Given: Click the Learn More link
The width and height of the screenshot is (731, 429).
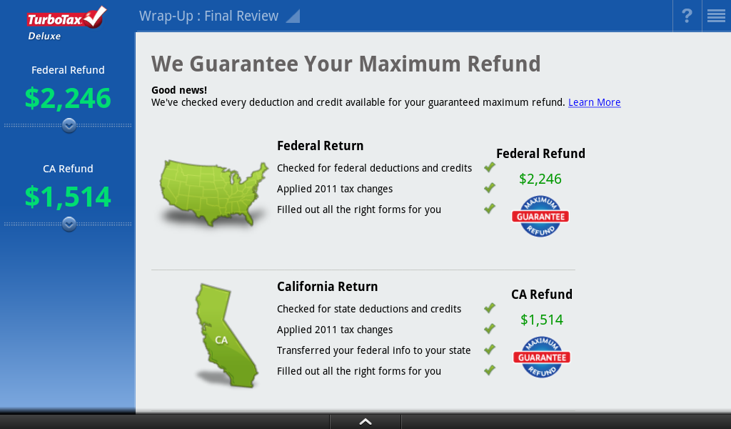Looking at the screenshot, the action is [x=595, y=102].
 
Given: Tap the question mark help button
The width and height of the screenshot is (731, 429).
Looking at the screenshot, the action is [x=687, y=16].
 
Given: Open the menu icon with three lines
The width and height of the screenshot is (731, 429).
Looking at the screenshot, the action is [x=716, y=16].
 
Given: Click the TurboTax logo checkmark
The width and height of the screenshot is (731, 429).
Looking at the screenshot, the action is [x=95, y=16].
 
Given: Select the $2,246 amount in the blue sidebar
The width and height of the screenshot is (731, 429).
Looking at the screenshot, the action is [x=68, y=98].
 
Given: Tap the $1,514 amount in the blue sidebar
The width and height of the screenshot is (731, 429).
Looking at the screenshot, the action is [x=68, y=197].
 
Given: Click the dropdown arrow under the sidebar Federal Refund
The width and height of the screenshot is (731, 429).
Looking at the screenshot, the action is [x=69, y=126].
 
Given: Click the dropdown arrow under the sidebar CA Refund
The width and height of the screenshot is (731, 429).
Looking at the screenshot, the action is [x=69, y=224].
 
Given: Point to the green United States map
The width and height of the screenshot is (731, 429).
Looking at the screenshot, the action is [x=213, y=192].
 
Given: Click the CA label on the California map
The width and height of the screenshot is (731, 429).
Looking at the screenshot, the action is [x=221, y=340].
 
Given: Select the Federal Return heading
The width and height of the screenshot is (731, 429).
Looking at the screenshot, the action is [x=321, y=146].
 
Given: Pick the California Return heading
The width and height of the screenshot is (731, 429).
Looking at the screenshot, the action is [x=327, y=287].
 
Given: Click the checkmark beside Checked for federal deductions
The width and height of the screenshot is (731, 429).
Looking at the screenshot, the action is [x=490, y=167].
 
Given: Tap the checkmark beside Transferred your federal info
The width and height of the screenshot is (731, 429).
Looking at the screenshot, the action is [x=490, y=349].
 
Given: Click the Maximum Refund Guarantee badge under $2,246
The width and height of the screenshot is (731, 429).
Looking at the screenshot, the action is [x=541, y=216].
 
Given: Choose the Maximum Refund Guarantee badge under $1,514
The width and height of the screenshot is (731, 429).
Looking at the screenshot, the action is [x=542, y=357].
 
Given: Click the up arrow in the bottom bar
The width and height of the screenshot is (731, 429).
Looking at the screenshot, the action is [x=365, y=422].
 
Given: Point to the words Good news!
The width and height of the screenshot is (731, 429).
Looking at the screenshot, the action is [x=179, y=90].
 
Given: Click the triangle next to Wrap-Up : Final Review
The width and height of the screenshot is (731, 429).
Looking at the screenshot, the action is [x=293, y=16].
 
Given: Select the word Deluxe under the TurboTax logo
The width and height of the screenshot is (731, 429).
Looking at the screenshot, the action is [x=44, y=36].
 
